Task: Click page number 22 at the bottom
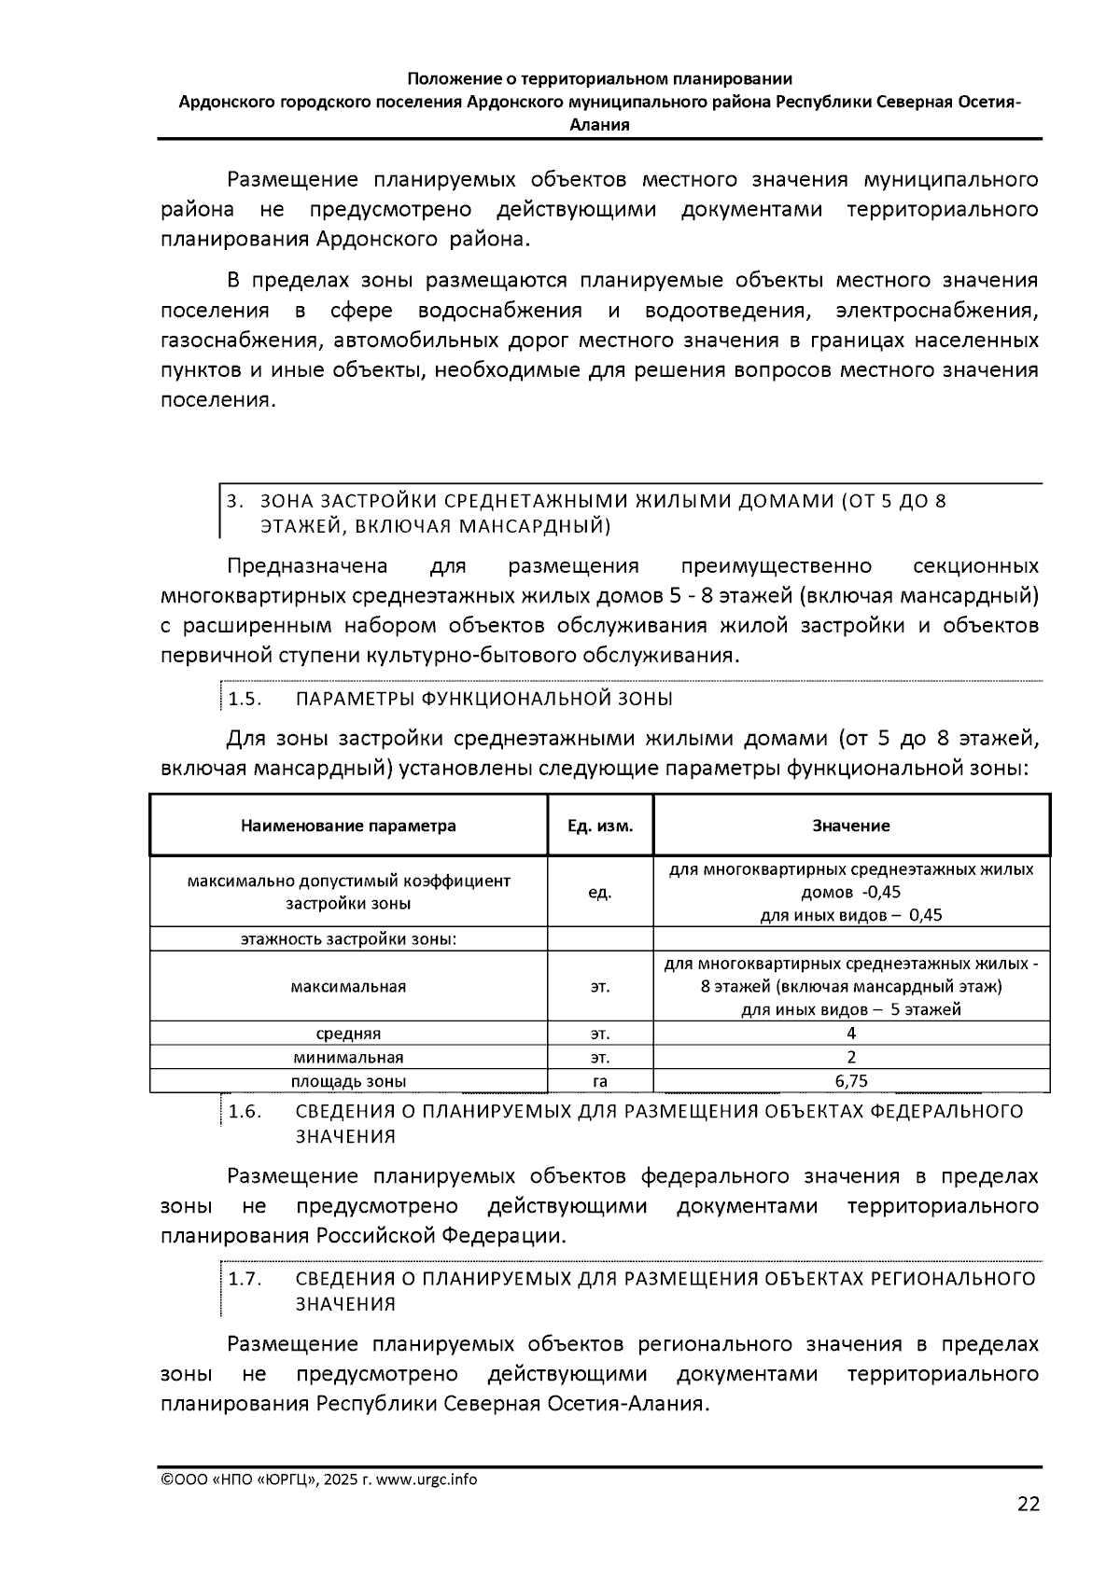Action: (x=1028, y=1505)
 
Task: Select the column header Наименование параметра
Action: (x=348, y=826)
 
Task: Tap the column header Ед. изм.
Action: (x=600, y=826)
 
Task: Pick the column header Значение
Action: (x=850, y=826)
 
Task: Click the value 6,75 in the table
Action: (x=850, y=1081)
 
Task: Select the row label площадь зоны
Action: (x=348, y=1081)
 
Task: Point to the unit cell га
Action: (x=600, y=1081)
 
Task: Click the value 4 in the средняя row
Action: (x=850, y=1033)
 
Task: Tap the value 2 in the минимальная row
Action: (x=850, y=1057)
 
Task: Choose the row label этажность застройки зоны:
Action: (x=348, y=938)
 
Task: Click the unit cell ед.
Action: (x=600, y=893)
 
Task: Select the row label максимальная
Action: (x=348, y=986)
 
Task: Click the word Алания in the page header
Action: (x=599, y=125)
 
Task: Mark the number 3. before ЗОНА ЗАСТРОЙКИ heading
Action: (x=234, y=501)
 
